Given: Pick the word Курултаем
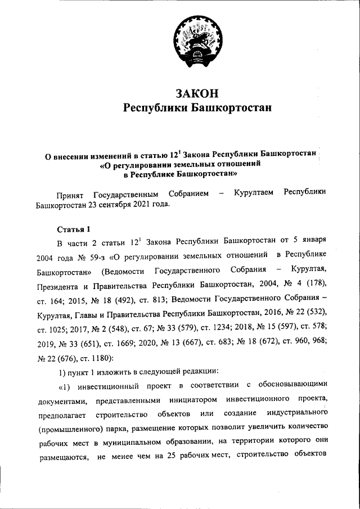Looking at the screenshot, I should [x=254, y=194].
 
